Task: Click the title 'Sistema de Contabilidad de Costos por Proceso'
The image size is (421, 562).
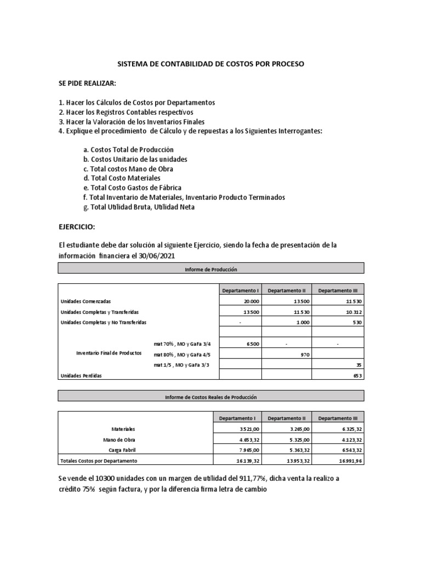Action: tap(211, 64)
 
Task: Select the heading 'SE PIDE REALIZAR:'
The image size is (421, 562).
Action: tap(87, 82)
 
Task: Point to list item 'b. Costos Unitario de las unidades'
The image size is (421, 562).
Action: tap(135, 159)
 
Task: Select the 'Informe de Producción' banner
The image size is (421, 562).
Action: tap(210, 269)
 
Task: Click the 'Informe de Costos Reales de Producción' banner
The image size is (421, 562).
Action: tap(210, 396)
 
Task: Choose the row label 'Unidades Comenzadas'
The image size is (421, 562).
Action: tap(86, 301)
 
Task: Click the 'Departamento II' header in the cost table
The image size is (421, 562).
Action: tap(287, 418)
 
